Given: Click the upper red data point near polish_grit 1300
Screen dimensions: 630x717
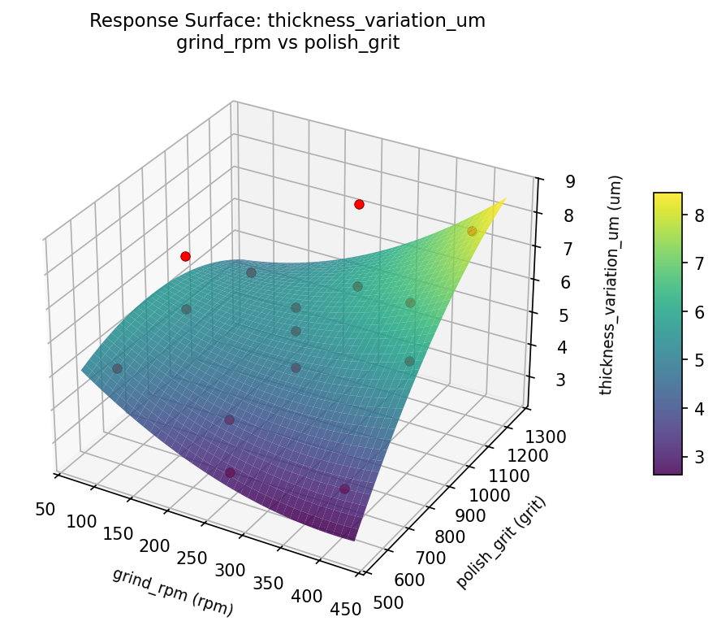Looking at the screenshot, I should coord(359,204).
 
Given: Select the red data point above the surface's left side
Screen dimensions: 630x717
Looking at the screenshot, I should coord(185,256).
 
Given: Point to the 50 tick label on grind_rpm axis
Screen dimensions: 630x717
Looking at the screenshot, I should coord(45,509).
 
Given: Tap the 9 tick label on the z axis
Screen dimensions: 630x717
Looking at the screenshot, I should coord(548,181).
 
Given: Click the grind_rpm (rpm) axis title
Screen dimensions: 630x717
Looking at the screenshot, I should coord(173,592).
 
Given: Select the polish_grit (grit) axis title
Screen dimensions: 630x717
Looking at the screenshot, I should coord(501,541).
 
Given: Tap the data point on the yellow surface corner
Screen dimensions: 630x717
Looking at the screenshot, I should coord(472,231).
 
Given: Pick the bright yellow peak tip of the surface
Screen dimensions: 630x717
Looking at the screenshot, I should coord(505,198).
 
